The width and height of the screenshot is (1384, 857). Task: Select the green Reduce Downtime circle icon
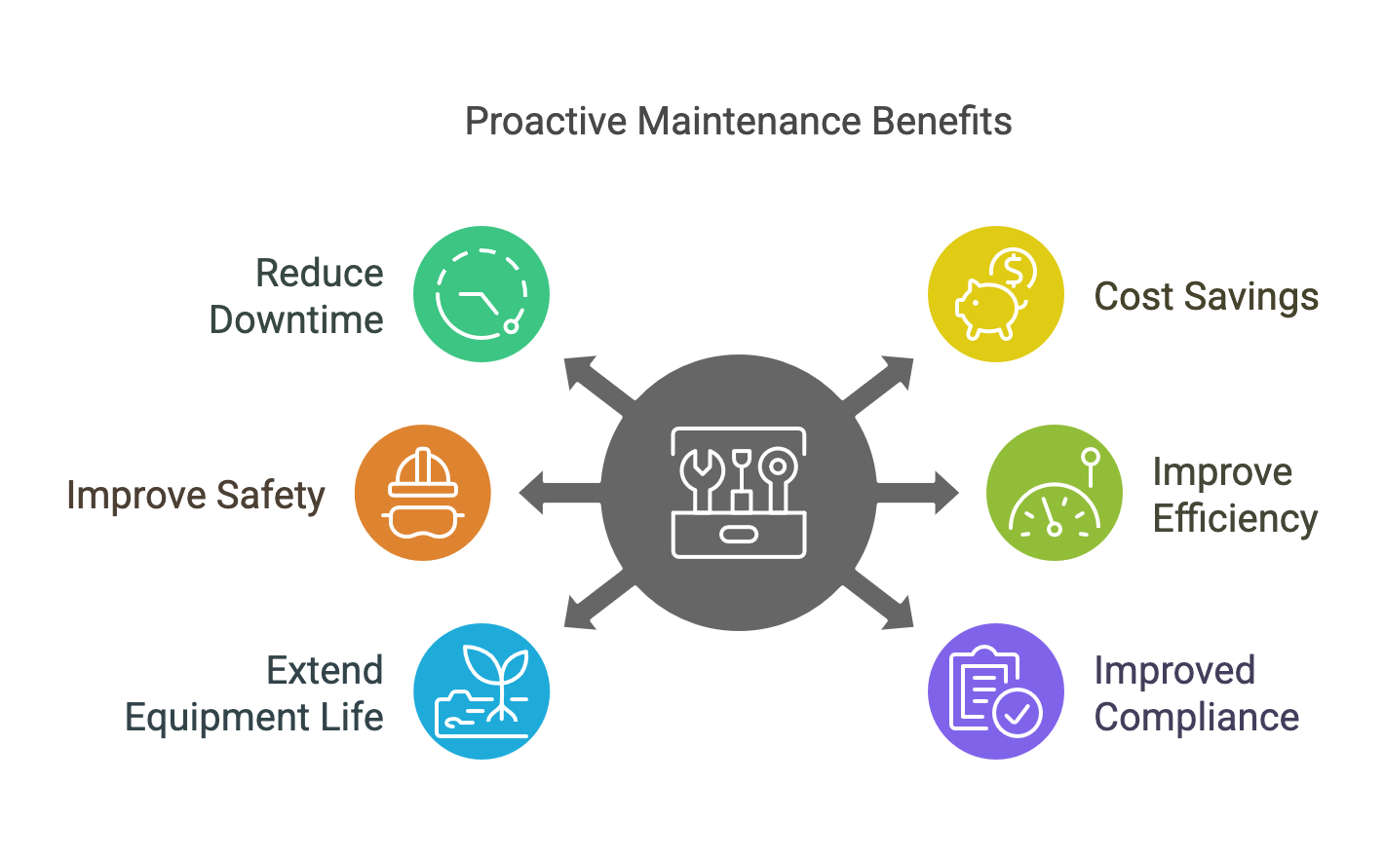[x=481, y=294]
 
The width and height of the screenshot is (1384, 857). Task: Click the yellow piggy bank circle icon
[x=995, y=294]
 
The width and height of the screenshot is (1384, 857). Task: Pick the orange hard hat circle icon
[x=422, y=493]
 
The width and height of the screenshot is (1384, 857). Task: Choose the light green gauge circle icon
[x=1054, y=493]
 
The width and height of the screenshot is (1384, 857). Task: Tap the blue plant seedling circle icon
[x=481, y=691]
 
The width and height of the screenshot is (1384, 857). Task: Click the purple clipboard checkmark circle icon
[x=995, y=691]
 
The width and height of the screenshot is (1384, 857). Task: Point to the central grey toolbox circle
[x=738, y=493]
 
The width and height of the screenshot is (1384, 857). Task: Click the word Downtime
[x=295, y=319]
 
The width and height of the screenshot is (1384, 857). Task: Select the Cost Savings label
[x=1206, y=296]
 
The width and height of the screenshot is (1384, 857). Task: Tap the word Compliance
[x=1196, y=718]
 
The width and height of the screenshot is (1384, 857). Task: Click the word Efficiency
[x=1235, y=518]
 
